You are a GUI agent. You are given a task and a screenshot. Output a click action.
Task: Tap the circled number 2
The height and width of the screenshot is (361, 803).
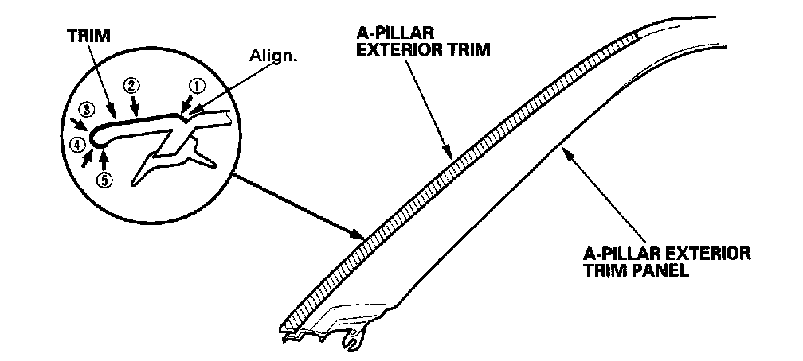[131, 84]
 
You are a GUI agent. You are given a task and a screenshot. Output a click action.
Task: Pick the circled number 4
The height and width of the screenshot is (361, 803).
[76, 145]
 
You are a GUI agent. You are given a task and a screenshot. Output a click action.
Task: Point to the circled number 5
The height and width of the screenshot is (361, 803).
[104, 179]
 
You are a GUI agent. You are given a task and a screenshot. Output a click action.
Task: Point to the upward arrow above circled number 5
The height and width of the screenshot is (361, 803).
[104, 154]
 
